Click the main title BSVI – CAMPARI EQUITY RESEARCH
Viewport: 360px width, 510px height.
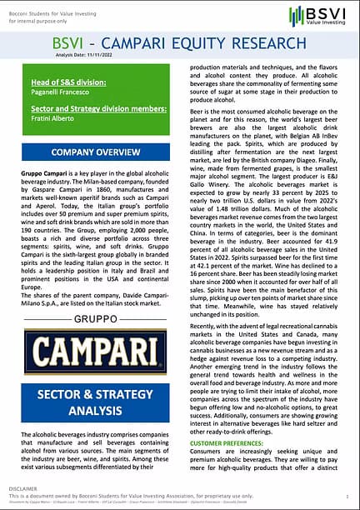(178, 43)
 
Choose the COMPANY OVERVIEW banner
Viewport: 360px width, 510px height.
(90, 152)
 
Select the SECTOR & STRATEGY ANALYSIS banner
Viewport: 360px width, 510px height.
(90, 401)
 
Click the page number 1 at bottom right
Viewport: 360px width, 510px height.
(347, 494)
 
